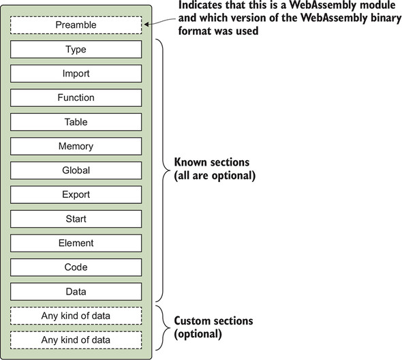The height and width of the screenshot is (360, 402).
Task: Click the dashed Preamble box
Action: (x=76, y=25)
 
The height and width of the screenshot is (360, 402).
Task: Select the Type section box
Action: (x=76, y=50)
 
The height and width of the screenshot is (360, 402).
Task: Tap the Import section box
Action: (x=76, y=74)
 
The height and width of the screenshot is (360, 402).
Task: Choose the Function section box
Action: (x=76, y=97)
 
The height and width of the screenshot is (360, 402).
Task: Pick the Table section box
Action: (x=76, y=122)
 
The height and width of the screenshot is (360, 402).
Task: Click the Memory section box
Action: (x=76, y=146)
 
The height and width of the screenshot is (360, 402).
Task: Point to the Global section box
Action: (x=76, y=170)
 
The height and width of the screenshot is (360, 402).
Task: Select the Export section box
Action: (x=76, y=194)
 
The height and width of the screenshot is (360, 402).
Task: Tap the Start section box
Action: (x=76, y=219)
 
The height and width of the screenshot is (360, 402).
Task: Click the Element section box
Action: (x=76, y=243)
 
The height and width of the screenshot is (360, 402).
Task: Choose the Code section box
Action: (x=76, y=267)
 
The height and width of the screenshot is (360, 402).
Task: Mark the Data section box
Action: (x=76, y=291)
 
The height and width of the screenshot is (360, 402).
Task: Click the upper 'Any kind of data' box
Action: (x=76, y=316)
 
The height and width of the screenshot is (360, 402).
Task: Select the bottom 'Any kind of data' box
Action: (x=76, y=340)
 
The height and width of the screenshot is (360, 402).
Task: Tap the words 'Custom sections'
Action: (x=214, y=320)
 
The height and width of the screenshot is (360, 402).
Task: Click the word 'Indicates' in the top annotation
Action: (x=202, y=6)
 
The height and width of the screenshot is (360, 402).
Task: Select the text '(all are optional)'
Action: (x=215, y=175)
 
